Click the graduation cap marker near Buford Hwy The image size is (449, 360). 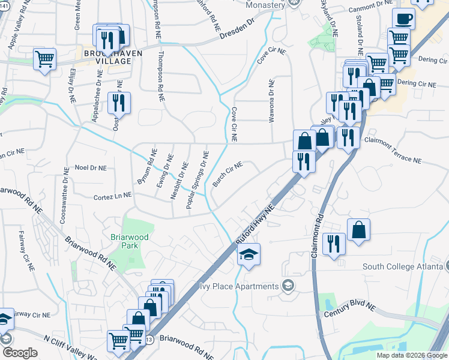pyautogui.click(x=248, y=255)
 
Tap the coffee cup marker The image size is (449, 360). pyautogui.click(x=403, y=19)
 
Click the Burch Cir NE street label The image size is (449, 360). pyautogui.click(x=227, y=173)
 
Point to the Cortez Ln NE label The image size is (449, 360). pyautogui.click(x=112, y=196)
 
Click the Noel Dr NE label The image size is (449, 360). pyautogui.click(x=90, y=169)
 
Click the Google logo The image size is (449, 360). pyautogui.click(x=20, y=353)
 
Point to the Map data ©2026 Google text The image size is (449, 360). pyautogui.click(x=412, y=355)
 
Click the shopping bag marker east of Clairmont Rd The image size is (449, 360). pyautogui.click(x=358, y=230)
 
